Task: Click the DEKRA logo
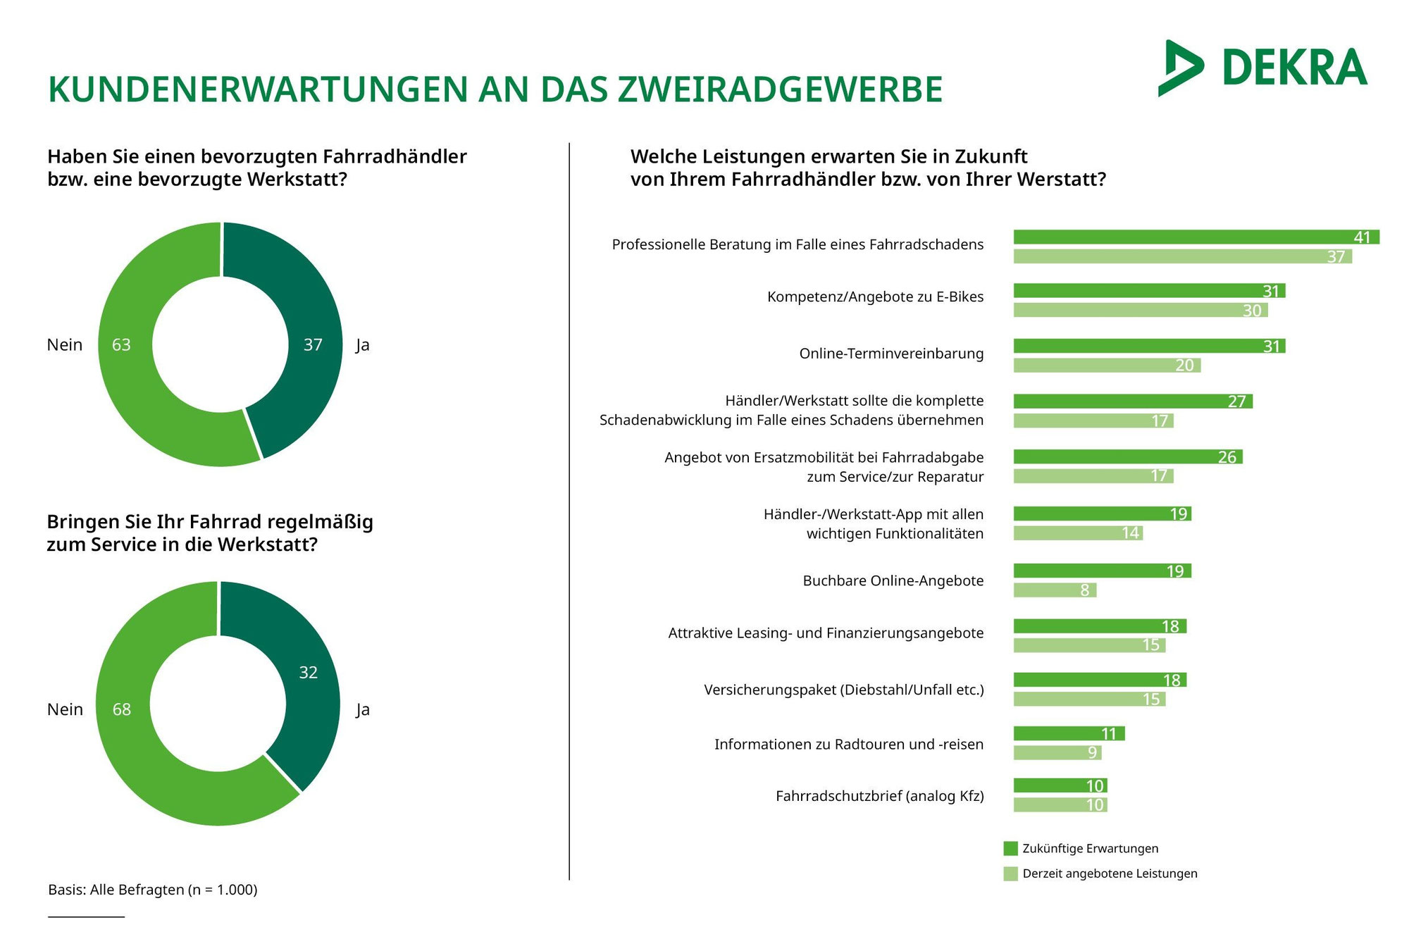point(1262,68)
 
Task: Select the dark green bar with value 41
point(1196,237)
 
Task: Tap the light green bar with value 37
point(1182,256)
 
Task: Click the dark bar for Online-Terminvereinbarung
point(1149,346)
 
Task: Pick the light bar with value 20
point(1107,365)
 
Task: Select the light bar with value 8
point(1055,590)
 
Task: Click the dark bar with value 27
point(1133,402)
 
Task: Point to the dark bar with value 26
point(1128,457)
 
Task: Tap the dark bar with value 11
point(1069,734)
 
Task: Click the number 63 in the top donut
point(121,344)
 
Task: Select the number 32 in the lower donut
point(308,673)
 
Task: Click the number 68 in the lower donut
point(122,709)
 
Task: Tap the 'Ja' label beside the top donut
point(362,345)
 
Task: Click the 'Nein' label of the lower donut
point(65,709)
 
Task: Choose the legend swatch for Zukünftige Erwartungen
point(1010,848)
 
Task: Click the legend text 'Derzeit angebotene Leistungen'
point(1110,873)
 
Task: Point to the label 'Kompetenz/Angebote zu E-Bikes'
point(875,297)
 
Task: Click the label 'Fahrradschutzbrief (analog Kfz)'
point(879,796)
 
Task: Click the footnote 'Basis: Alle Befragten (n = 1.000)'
point(153,890)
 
